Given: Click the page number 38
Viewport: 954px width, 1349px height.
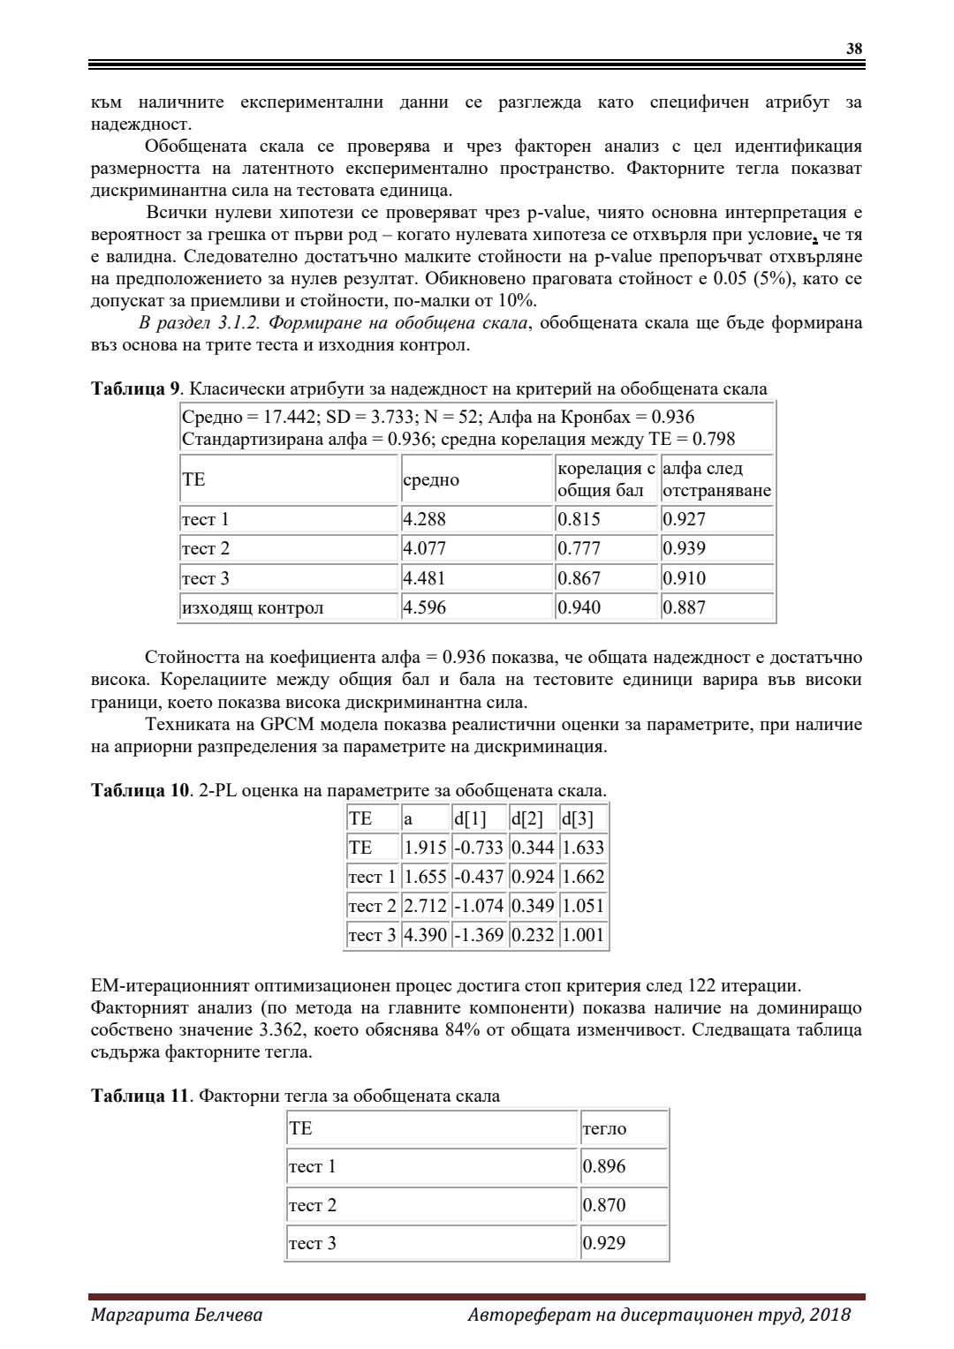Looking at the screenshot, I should [x=854, y=49].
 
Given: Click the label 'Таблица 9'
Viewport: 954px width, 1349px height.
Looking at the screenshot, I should [x=136, y=388].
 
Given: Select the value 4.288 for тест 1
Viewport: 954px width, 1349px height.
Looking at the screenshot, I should [x=424, y=519].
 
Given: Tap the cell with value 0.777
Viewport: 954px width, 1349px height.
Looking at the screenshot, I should [x=579, y=548].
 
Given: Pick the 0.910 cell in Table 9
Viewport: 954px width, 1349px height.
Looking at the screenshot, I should [x=685, y=578].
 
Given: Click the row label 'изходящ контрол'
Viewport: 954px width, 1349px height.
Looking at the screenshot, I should [x=253, y=607].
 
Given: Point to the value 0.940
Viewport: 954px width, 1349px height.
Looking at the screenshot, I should [x=579, y=607].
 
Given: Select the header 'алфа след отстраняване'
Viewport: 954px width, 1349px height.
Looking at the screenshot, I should [x=716, y=479].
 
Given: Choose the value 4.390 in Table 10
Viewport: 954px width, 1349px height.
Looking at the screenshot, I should [x=425, y=935].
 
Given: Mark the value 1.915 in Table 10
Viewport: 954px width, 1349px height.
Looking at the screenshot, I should [x=425, y=848].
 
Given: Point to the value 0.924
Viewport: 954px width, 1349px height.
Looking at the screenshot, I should [x=533, y=877].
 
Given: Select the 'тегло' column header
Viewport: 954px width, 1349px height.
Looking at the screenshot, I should [x=604, y=1128].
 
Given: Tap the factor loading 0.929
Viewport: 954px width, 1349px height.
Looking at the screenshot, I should [x=604, y=1243].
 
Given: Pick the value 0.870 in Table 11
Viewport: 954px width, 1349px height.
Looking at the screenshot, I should [x=604, y=1205].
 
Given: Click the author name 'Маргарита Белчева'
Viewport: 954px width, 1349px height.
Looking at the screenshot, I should [x=177, y=1315].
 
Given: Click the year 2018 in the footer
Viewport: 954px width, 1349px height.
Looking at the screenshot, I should [x=830, y=1315].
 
